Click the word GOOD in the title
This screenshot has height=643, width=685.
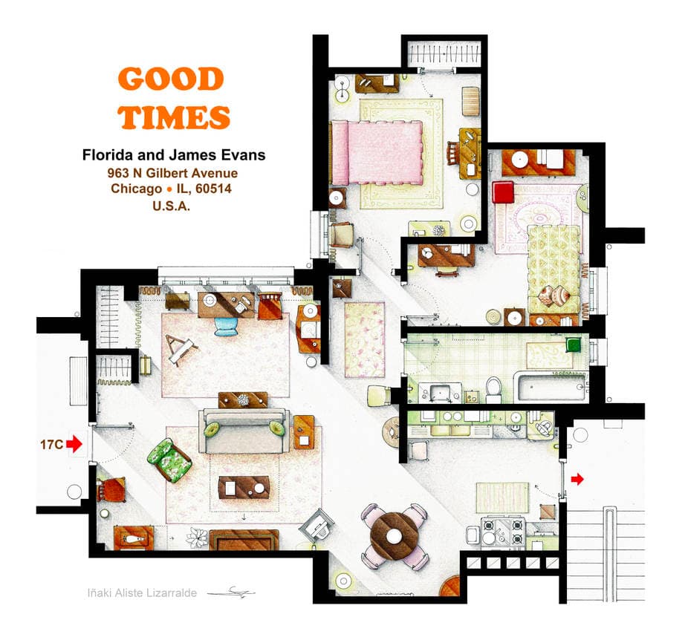pos(171,79)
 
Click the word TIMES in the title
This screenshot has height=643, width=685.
pos(174,117)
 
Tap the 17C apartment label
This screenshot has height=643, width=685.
pos(51,444)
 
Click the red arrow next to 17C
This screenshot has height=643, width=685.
pos(74,444)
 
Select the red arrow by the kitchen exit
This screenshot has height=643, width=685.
pos(577,479)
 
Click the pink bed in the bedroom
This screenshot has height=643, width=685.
pos(377,152)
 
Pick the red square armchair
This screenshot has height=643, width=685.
pos(503,192)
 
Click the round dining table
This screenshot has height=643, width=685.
pos(394,536)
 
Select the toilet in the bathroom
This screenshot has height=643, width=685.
pos(493,390)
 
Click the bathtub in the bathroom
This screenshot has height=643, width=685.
pos(551,387)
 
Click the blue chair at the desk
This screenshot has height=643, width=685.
pos(227,326)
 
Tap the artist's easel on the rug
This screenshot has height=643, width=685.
pos(180,350)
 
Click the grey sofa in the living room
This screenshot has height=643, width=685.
pos(244,431)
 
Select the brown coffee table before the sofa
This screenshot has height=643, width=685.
pos(244,488)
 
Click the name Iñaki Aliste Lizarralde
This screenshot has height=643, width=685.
pos(142,593)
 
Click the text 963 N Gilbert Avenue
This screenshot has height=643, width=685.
pos(172,173)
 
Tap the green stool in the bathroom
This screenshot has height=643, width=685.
pos(573,345)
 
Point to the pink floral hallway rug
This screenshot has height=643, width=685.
pos(365,339)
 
